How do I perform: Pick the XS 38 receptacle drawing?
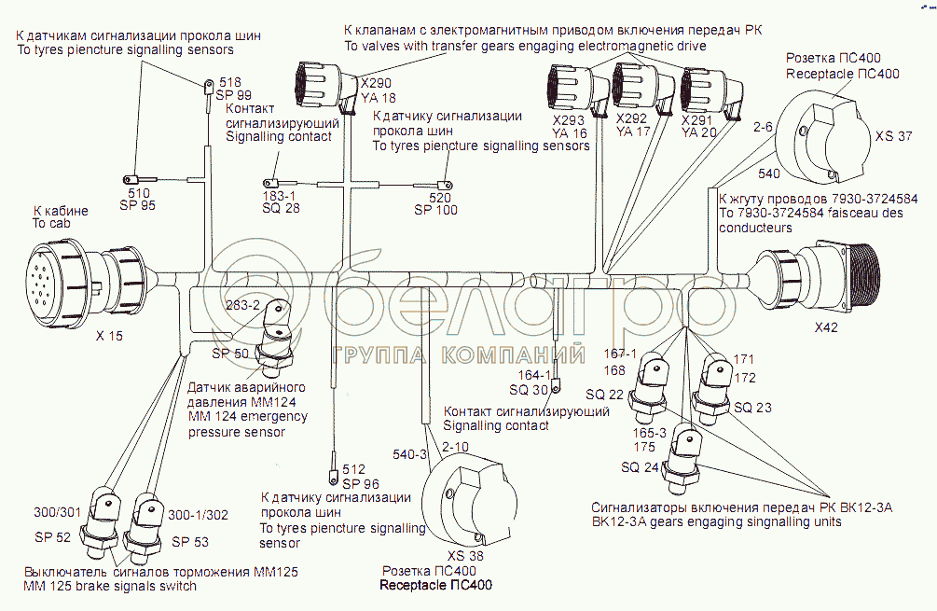tap(470, 503)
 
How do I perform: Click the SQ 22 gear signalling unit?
tap(652, 383)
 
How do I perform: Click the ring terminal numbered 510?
tap(130, 179)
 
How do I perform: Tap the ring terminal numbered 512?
tap(333, 457)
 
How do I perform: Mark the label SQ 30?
tap(529, 389)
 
